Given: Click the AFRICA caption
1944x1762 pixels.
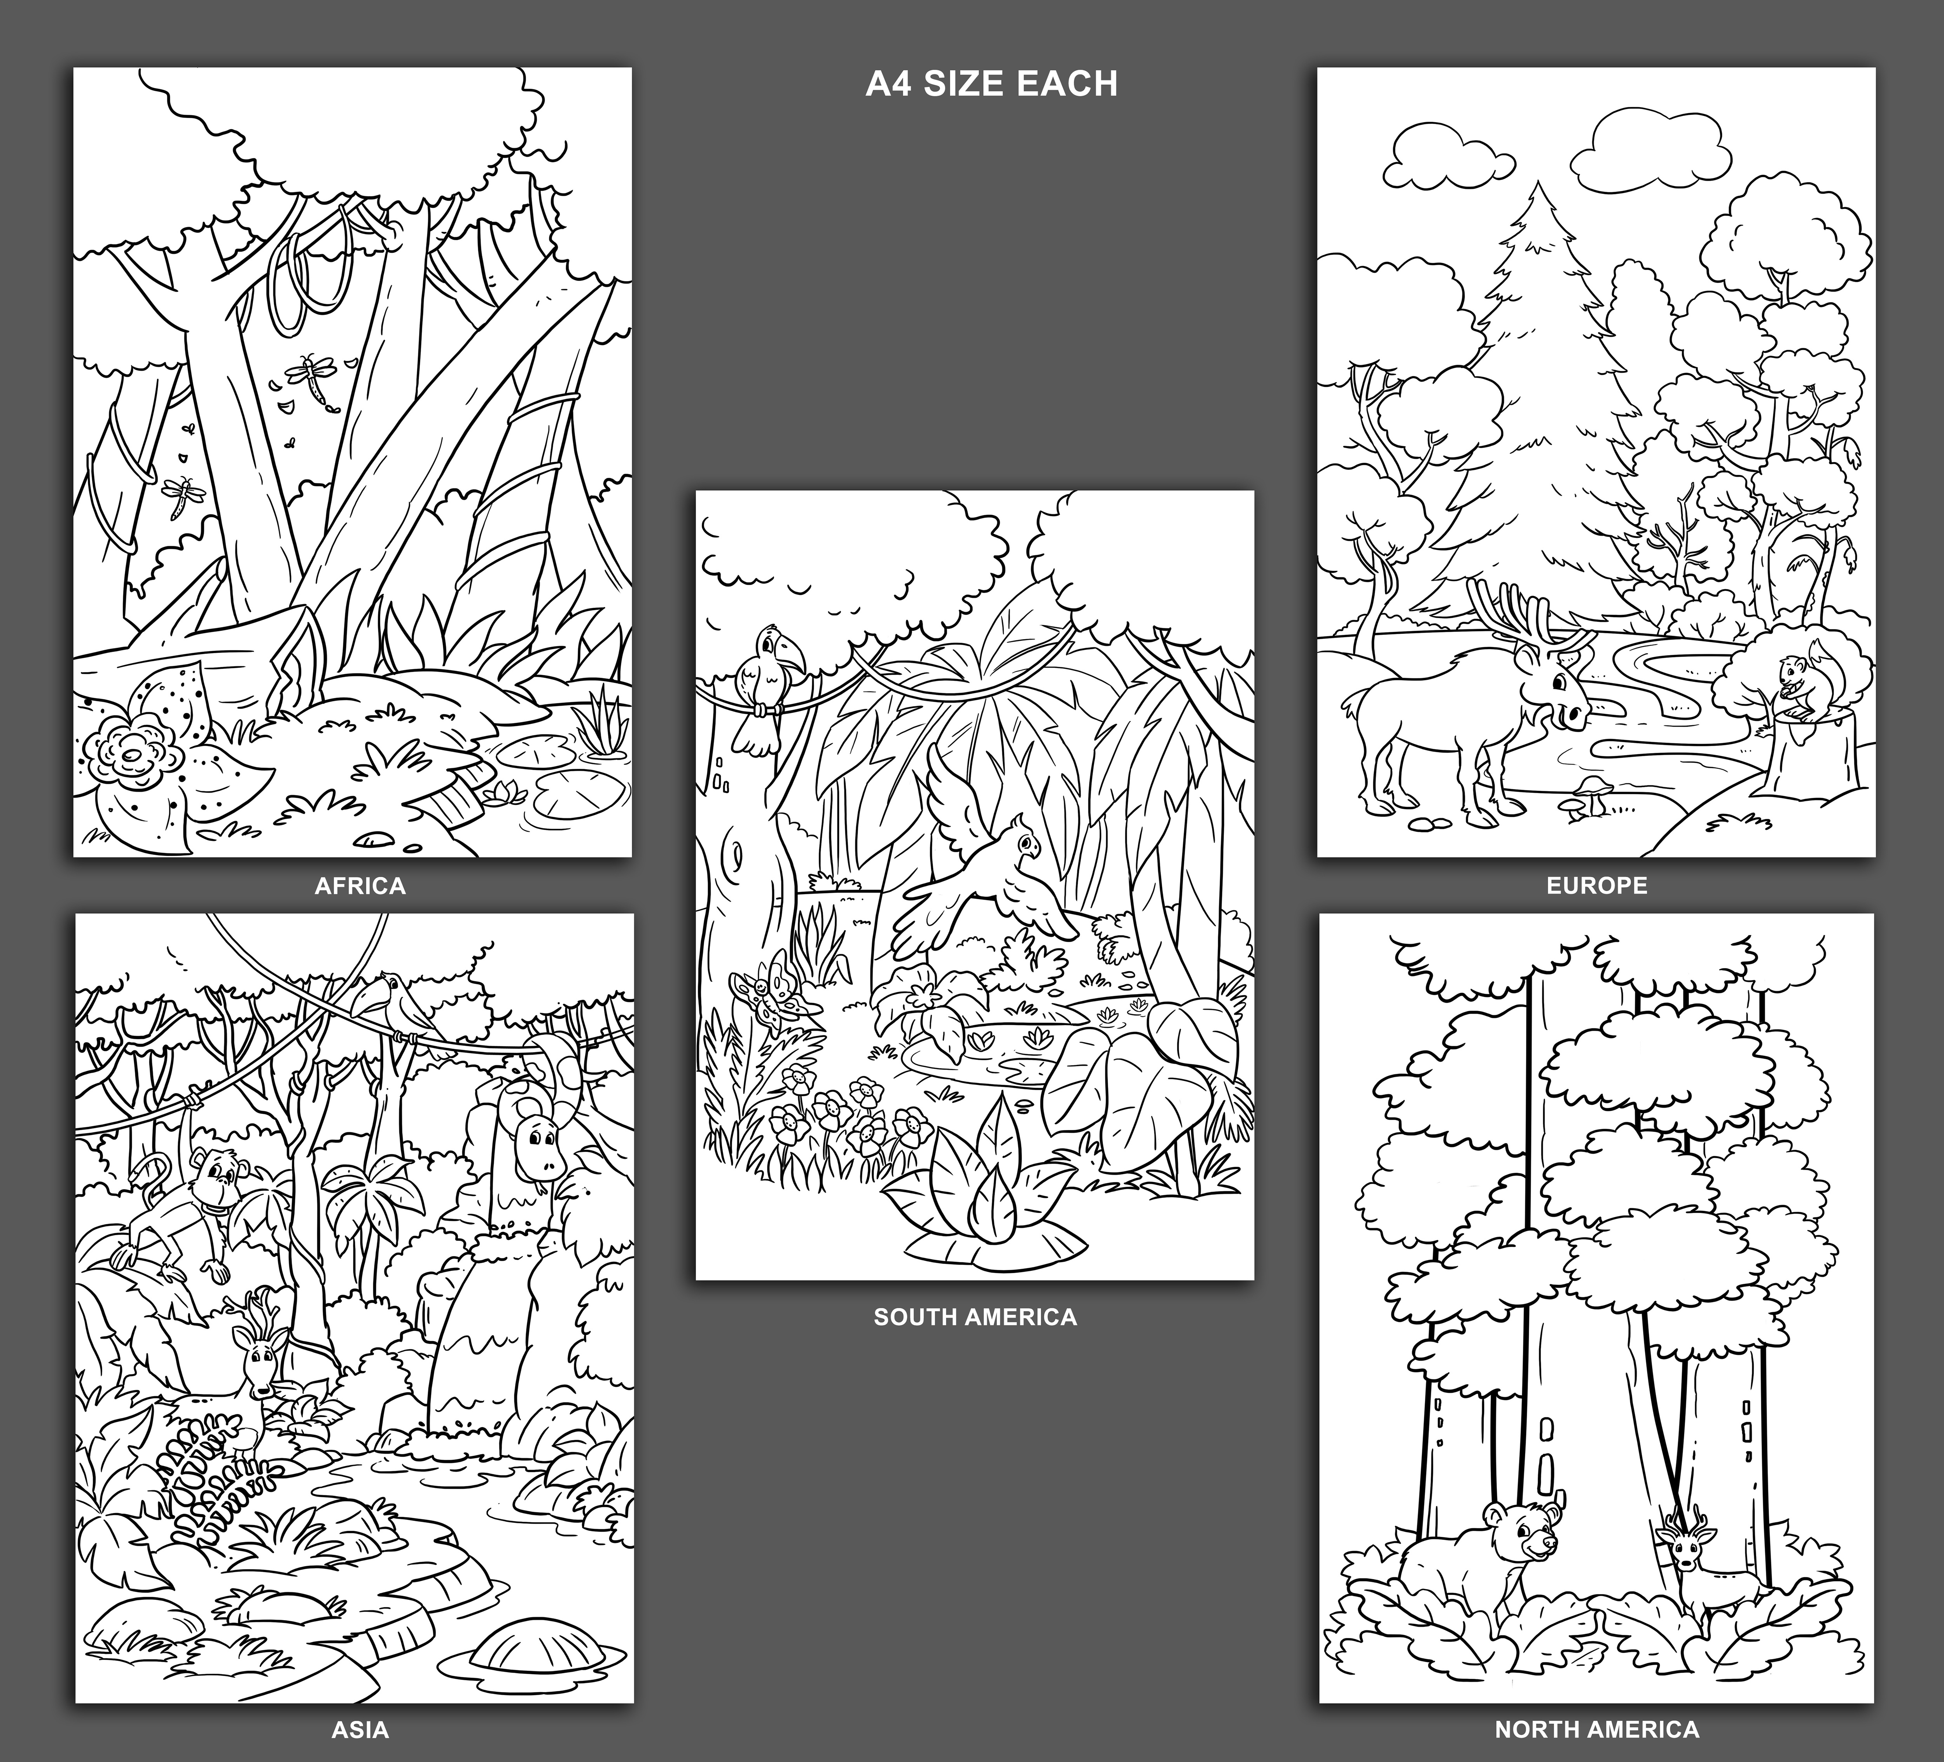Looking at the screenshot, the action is [360, 885].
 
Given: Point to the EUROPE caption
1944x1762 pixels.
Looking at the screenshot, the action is [1597, 885].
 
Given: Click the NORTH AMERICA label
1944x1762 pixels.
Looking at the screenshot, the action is [1597, 1729].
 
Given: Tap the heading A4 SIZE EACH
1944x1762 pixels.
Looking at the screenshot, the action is [991, 84].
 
